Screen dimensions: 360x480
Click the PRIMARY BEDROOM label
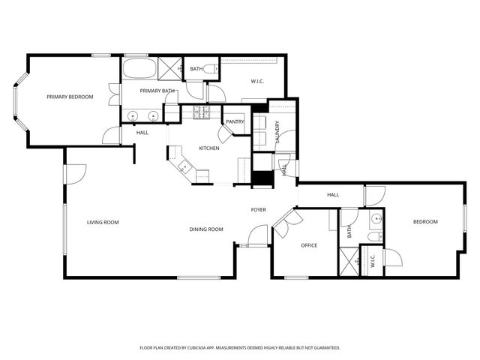click(70, 96)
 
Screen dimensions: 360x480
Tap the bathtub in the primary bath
click(139, 70)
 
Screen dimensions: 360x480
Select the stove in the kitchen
click(201, 113)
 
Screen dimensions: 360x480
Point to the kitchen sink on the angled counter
click(184, 166)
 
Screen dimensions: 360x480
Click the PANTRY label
click(235, 121)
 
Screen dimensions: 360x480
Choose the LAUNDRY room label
click(277, 131)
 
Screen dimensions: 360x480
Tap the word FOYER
click(259, 209)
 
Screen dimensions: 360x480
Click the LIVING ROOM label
click(103, 222)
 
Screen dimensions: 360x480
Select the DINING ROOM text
click(206, 229)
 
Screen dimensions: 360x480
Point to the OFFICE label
click(309, 245)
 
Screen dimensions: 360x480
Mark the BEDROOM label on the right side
click(425, 221)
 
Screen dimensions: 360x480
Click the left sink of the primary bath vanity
click(133, 116)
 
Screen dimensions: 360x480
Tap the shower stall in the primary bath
click(171, 69)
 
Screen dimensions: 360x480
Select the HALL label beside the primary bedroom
click(142, 133)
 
